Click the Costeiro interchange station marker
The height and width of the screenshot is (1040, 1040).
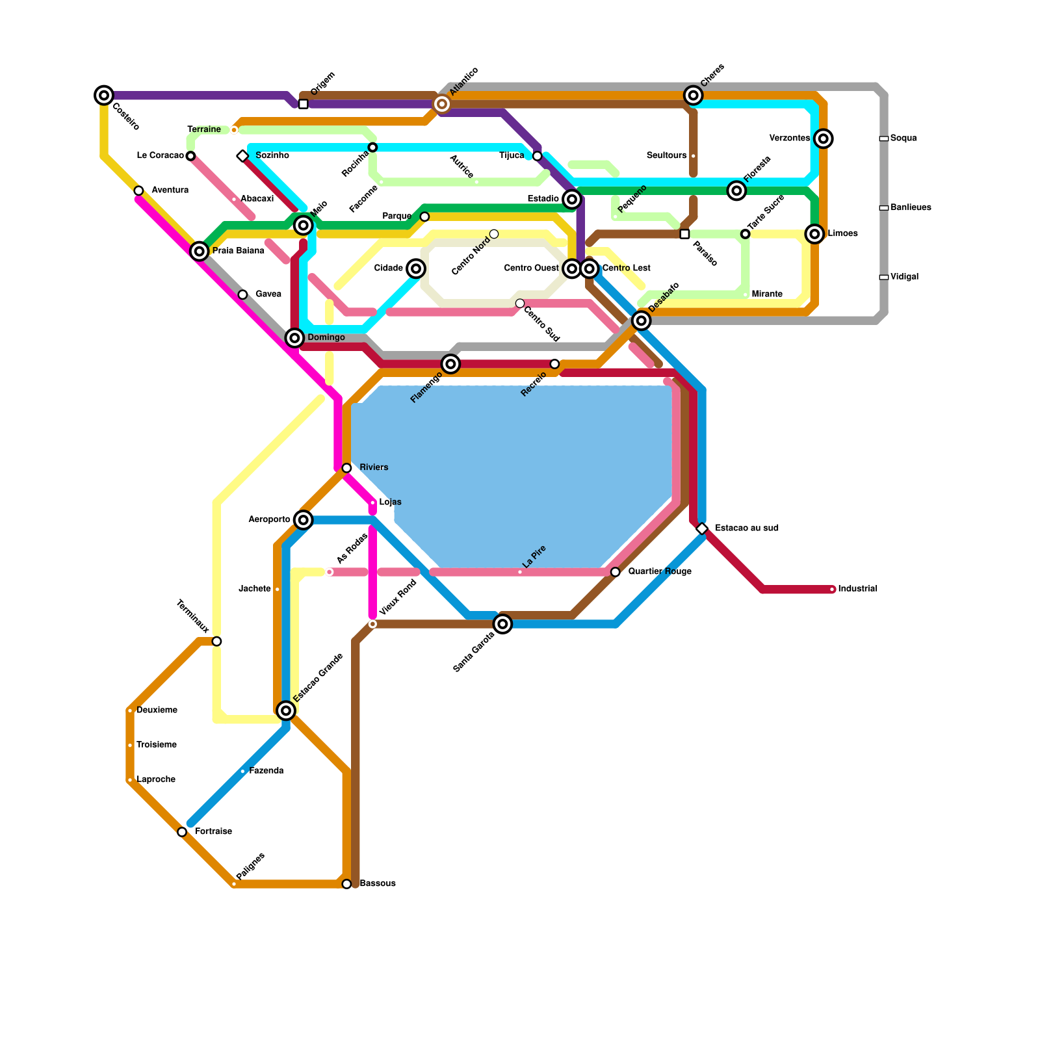(x=104, y=96)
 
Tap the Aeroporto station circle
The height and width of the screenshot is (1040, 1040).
(x=303, y=520)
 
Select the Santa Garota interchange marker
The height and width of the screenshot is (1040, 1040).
(x=502, y=624)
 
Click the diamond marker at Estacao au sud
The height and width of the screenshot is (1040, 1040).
(x=702, y=528)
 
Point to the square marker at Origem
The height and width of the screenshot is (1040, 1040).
(x=303, y=104)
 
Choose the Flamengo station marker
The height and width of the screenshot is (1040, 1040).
(x=450, y=364)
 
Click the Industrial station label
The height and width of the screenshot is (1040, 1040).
(x=857, y=589)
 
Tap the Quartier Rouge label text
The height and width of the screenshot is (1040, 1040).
(x=659, y=572)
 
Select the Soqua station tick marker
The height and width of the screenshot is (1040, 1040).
(x=883, y=138)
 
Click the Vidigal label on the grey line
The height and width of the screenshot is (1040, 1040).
(x=904, y=277)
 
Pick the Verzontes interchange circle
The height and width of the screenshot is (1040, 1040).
(x=824, y=138)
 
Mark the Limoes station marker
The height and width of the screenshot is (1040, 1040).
(x=815, y=234)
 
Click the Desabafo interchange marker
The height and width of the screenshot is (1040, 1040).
(x=642, y=320)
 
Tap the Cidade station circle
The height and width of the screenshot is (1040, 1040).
(x=416, y=268)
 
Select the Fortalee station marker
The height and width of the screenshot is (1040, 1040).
(x=182, y=832)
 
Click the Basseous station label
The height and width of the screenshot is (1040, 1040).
(x=377, y=884)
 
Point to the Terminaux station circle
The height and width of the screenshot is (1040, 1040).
(x=216, y=642)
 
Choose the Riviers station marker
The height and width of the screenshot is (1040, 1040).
(x=346, y=468)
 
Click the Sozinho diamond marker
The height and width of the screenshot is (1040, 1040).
(x=242, y=156)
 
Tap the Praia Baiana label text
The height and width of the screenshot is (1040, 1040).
(x=238, y=251)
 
